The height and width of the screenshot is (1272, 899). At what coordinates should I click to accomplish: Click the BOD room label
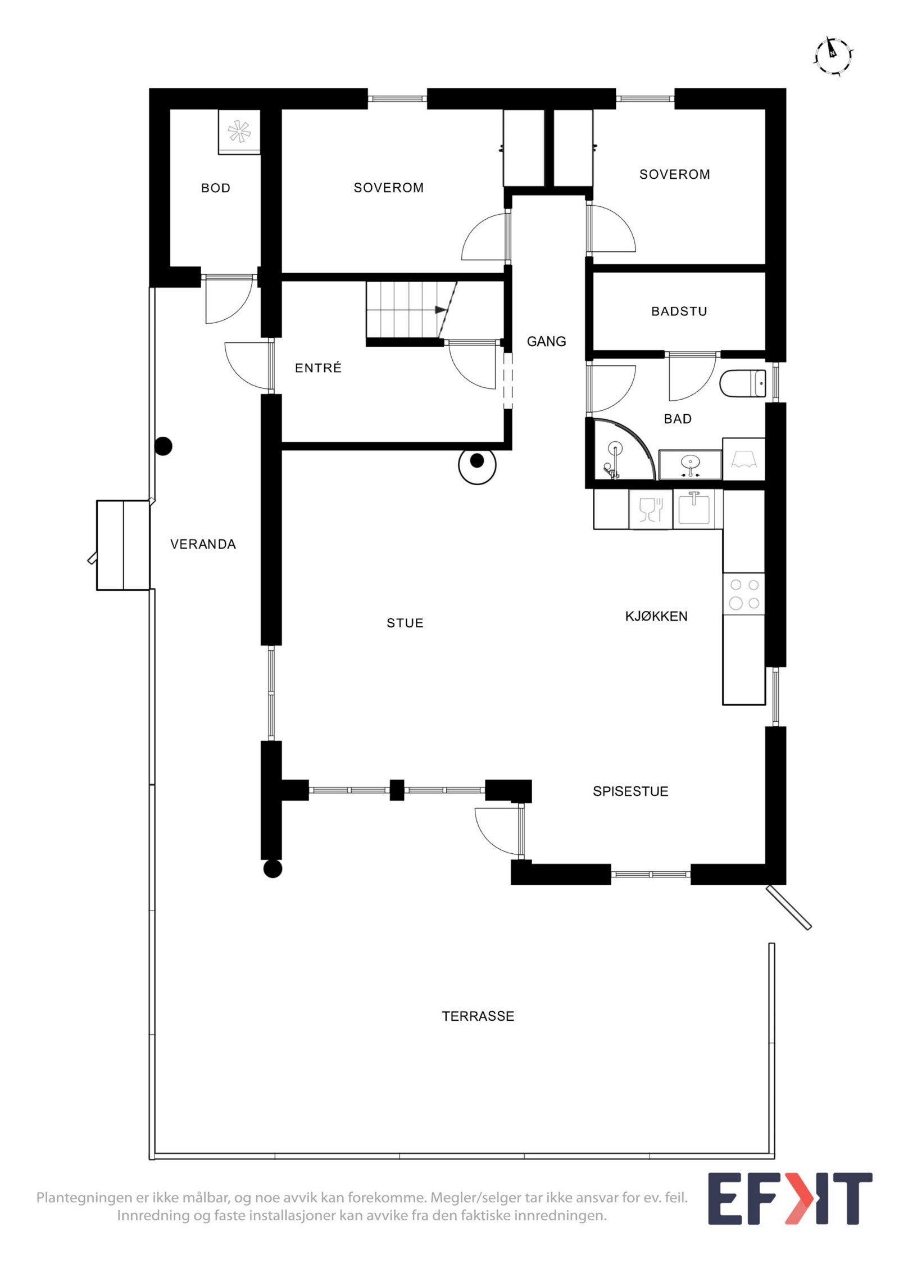pos(216,188)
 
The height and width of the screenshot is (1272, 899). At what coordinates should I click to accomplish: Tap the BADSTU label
pos(679,311)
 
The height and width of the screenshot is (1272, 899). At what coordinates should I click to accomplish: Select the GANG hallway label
pos(546,341)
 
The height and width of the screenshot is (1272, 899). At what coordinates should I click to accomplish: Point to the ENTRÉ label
pos(318,368)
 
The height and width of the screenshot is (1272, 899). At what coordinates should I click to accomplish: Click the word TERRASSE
pos(478,1016)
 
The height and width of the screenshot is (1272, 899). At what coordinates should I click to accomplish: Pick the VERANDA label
pos(203,544)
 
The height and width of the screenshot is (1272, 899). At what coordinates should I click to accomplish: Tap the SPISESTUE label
pos(630,791)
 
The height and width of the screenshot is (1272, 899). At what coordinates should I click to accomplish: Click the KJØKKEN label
pos(656,616)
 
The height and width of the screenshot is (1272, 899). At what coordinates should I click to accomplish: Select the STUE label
pos(405,623)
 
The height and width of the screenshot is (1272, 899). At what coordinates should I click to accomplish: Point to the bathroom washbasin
pos(690,464)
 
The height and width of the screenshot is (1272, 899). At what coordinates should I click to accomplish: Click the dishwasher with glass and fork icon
pos(651,509)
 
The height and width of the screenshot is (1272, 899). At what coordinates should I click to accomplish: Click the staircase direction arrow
pos(440,310)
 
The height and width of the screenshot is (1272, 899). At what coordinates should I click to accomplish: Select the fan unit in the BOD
pos(239,132)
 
